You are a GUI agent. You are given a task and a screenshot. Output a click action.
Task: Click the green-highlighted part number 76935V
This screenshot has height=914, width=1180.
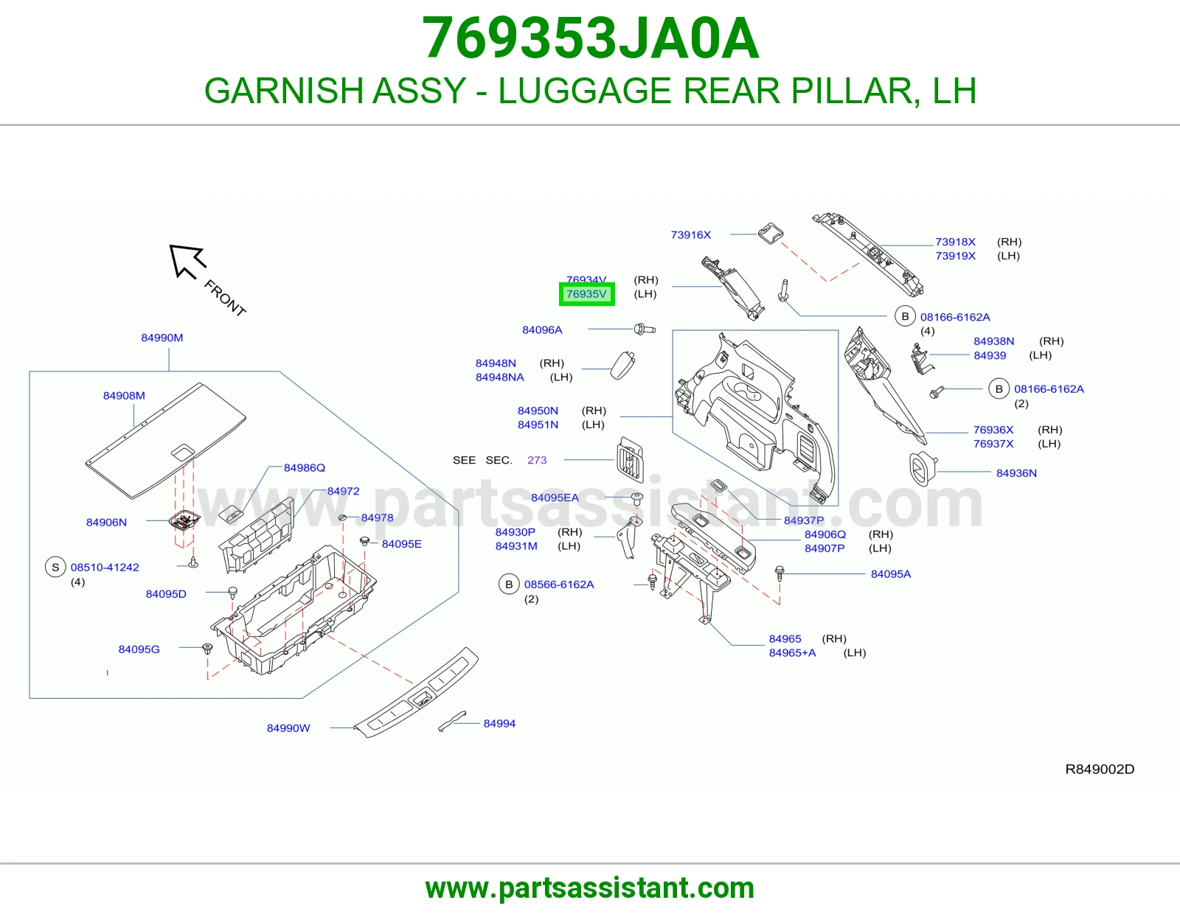pos(586,294)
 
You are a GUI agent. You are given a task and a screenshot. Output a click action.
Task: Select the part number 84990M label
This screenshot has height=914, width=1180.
pos(162,338)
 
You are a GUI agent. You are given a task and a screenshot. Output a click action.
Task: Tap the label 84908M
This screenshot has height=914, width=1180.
pos(124,396)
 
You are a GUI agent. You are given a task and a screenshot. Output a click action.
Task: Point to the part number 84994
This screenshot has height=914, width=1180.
pos(499,724)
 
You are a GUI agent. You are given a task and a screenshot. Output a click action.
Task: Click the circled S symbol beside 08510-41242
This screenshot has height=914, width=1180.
pos(55,568)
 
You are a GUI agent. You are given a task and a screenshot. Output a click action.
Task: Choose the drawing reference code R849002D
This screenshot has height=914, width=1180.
pos(1100,769)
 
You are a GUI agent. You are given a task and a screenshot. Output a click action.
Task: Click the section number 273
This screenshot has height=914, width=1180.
pos(536,460)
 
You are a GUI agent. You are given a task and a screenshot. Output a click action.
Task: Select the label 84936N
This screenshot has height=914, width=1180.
pos(1016,473)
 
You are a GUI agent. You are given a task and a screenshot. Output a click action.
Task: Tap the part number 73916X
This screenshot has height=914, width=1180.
pos(690,235)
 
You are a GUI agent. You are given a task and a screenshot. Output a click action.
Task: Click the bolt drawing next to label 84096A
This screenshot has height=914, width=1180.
pos(645,329)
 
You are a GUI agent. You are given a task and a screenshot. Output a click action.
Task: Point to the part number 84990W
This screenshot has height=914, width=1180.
pos(288,728)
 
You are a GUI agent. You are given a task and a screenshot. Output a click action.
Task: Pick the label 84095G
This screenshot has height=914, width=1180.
pos(139,649)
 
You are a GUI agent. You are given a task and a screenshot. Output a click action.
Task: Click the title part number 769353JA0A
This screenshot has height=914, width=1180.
pos(590,38)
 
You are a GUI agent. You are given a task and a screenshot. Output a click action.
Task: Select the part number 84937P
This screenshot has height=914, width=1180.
pos(803,520)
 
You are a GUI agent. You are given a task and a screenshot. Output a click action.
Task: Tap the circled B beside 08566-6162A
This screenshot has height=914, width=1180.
pos(509,585)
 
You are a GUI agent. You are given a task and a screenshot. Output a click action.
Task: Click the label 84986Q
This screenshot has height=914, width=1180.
pos(304,468)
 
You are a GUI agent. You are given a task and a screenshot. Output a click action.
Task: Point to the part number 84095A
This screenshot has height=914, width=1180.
pos(891,574)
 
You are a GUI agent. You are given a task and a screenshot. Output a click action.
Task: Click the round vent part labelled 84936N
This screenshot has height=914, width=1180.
pos(923,469)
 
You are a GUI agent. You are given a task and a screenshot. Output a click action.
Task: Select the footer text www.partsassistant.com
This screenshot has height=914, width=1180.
pos(590,888)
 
